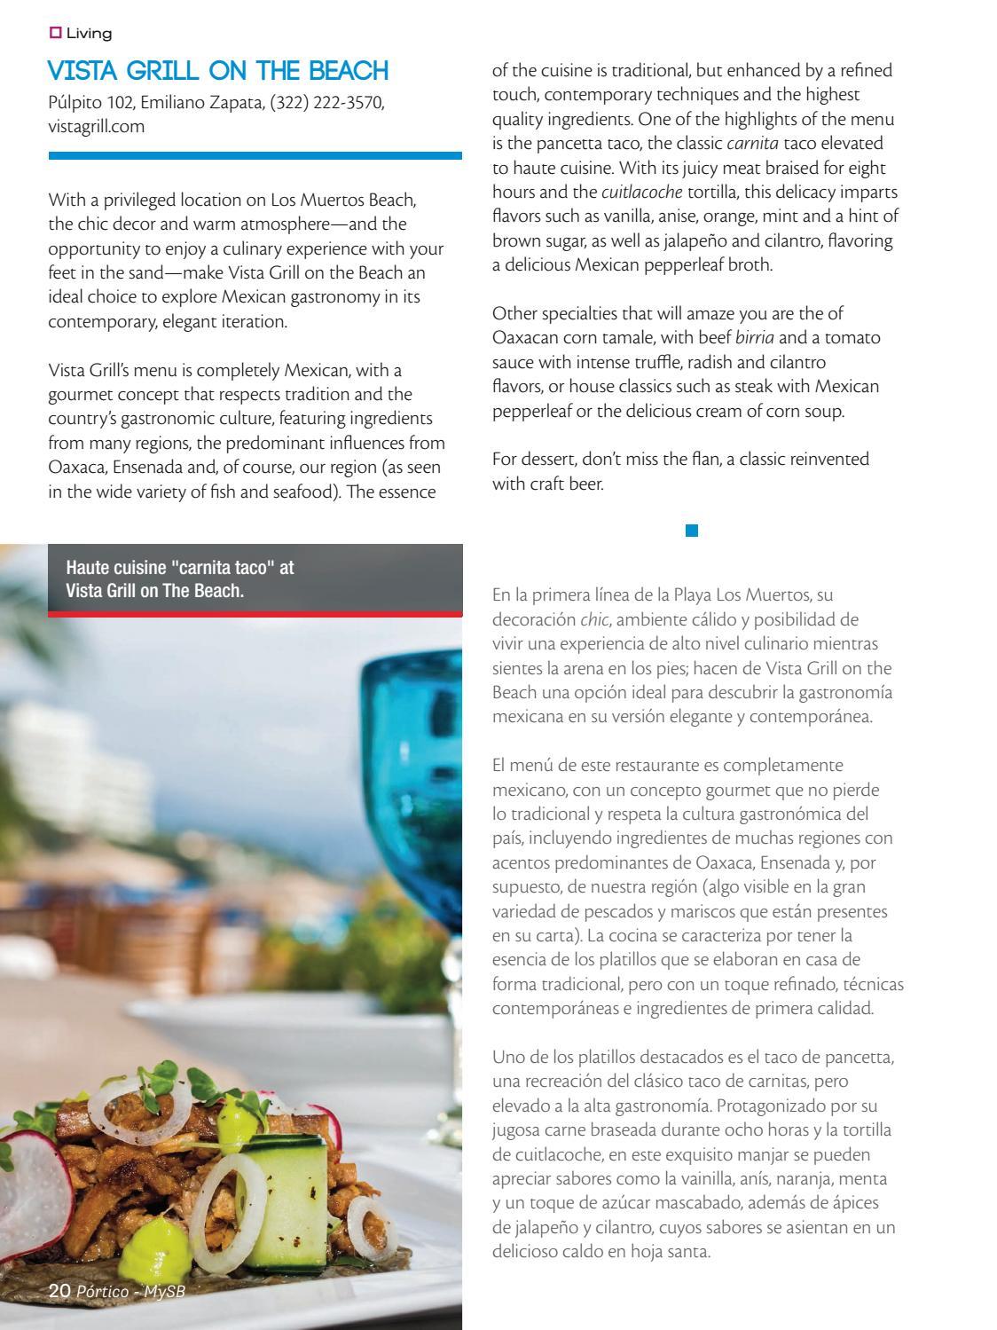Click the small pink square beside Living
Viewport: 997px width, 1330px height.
click(55, 34)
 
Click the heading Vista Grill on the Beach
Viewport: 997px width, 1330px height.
click(218, 71)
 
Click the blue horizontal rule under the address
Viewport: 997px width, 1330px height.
click(255, 155)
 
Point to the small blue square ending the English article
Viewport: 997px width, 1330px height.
click(692, 531)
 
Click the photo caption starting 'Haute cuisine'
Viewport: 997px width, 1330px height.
click(180, 578)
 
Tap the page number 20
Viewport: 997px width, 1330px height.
click(59, 1292)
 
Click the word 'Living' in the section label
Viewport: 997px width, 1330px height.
click(89, 34)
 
